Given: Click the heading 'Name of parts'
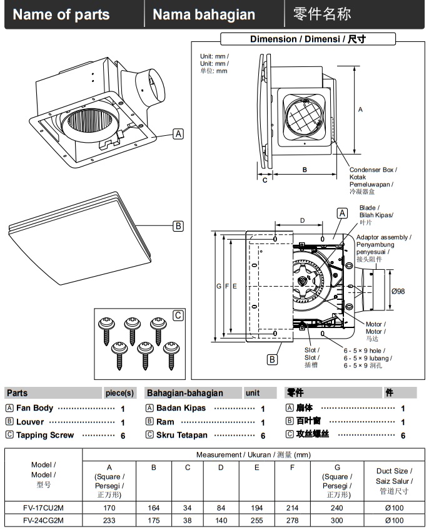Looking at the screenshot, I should click(61, 15).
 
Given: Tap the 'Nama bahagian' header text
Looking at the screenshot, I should click(204, 15).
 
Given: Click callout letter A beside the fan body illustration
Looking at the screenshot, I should click(178, 133).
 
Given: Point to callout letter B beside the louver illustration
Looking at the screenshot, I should click(178, 226).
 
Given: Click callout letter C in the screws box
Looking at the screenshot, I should click(178, 316).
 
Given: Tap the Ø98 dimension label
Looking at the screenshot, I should click(398, 291).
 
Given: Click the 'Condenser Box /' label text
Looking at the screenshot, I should click(373, 170).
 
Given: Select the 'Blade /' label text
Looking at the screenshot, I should click(368, 208).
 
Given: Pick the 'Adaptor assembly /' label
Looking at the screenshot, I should click(383, 237).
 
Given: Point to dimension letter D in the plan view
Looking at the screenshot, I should click(302, 220).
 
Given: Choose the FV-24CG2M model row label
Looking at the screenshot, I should click(43, 520).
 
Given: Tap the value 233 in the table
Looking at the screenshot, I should click(109, 520).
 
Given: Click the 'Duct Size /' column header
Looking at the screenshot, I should click(393, 471).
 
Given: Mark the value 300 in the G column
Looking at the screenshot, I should click(337, 520).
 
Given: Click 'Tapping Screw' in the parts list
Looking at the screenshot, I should click(45, 435).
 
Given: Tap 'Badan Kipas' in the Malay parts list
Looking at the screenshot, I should click(181, 408).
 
